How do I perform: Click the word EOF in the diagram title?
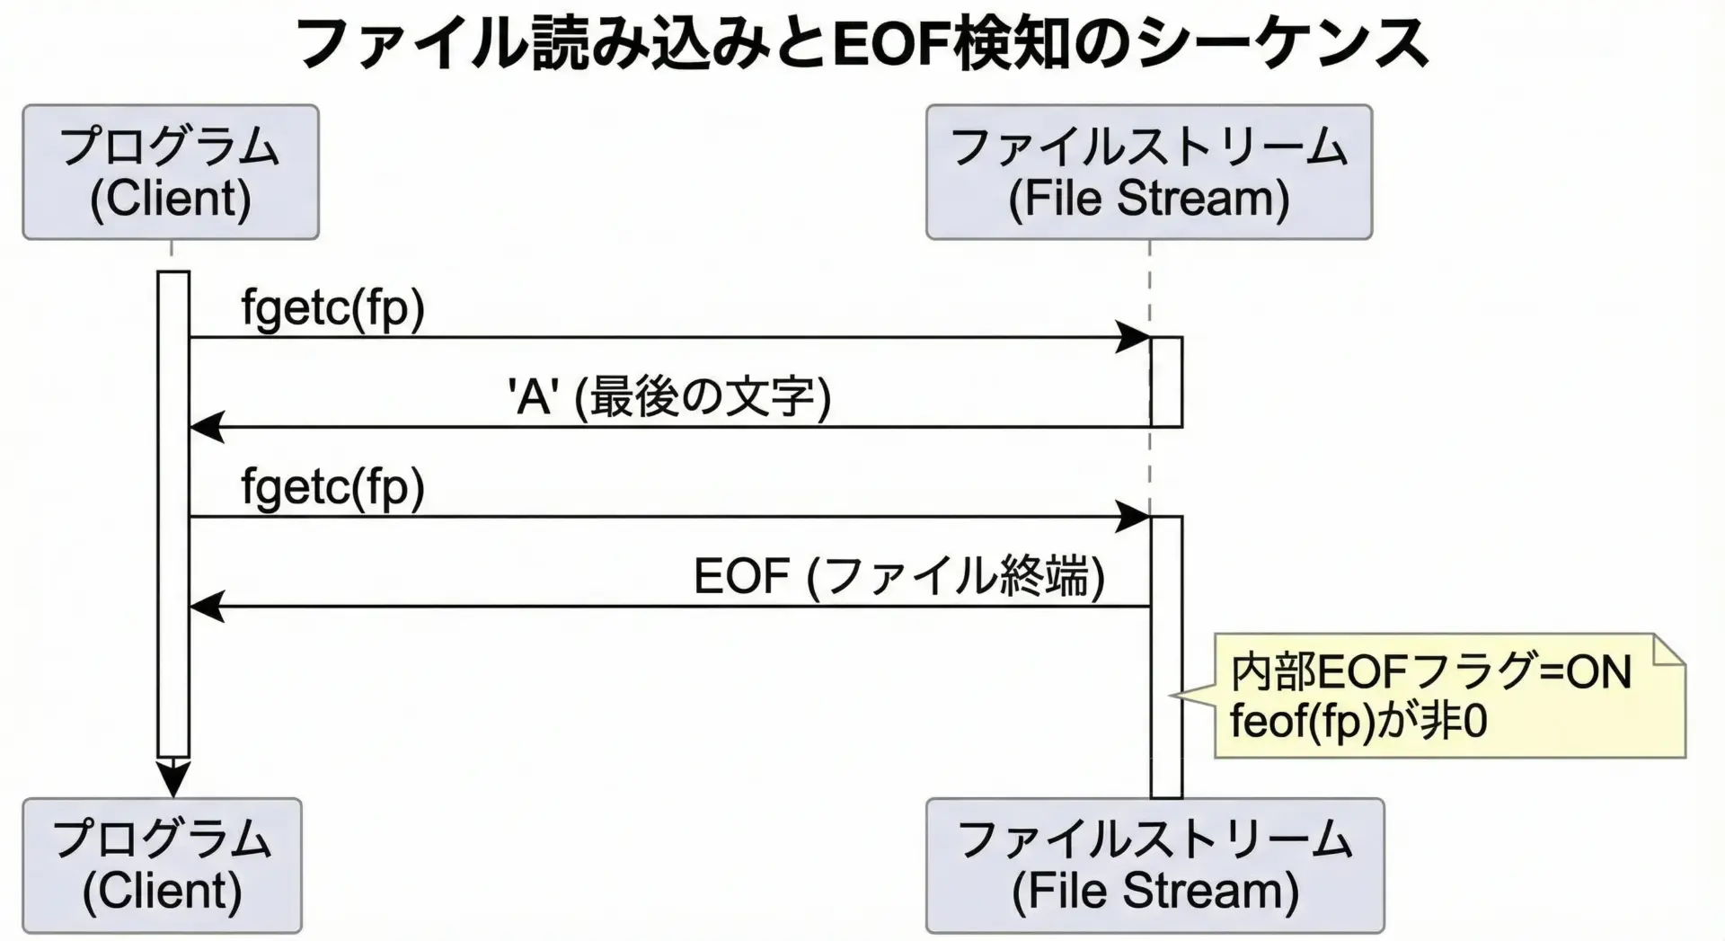click(891, 43)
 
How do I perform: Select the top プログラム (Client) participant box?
click(171, 173)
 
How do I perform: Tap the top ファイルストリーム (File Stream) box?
click(1148, 173)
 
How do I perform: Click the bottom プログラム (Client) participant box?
click(162, 866)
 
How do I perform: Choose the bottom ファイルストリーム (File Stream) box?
click(1154, 866)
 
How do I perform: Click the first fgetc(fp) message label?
click(332, 308)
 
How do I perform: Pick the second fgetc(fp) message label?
click(332, 487)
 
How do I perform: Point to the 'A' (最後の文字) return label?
click(669, 397)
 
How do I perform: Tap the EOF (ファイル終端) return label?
click(898, 576)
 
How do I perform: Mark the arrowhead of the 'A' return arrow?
click(206, 427)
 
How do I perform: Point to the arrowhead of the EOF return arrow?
click(206, 607)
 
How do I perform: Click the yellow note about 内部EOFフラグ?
click(1448, 696)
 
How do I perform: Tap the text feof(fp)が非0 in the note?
click(1358, 722)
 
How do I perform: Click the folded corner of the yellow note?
click(1669, 649)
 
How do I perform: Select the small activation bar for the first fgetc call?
click(1167, 382)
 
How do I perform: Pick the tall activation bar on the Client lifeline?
click(173, 512)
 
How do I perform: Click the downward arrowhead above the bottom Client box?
click(173, 777)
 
